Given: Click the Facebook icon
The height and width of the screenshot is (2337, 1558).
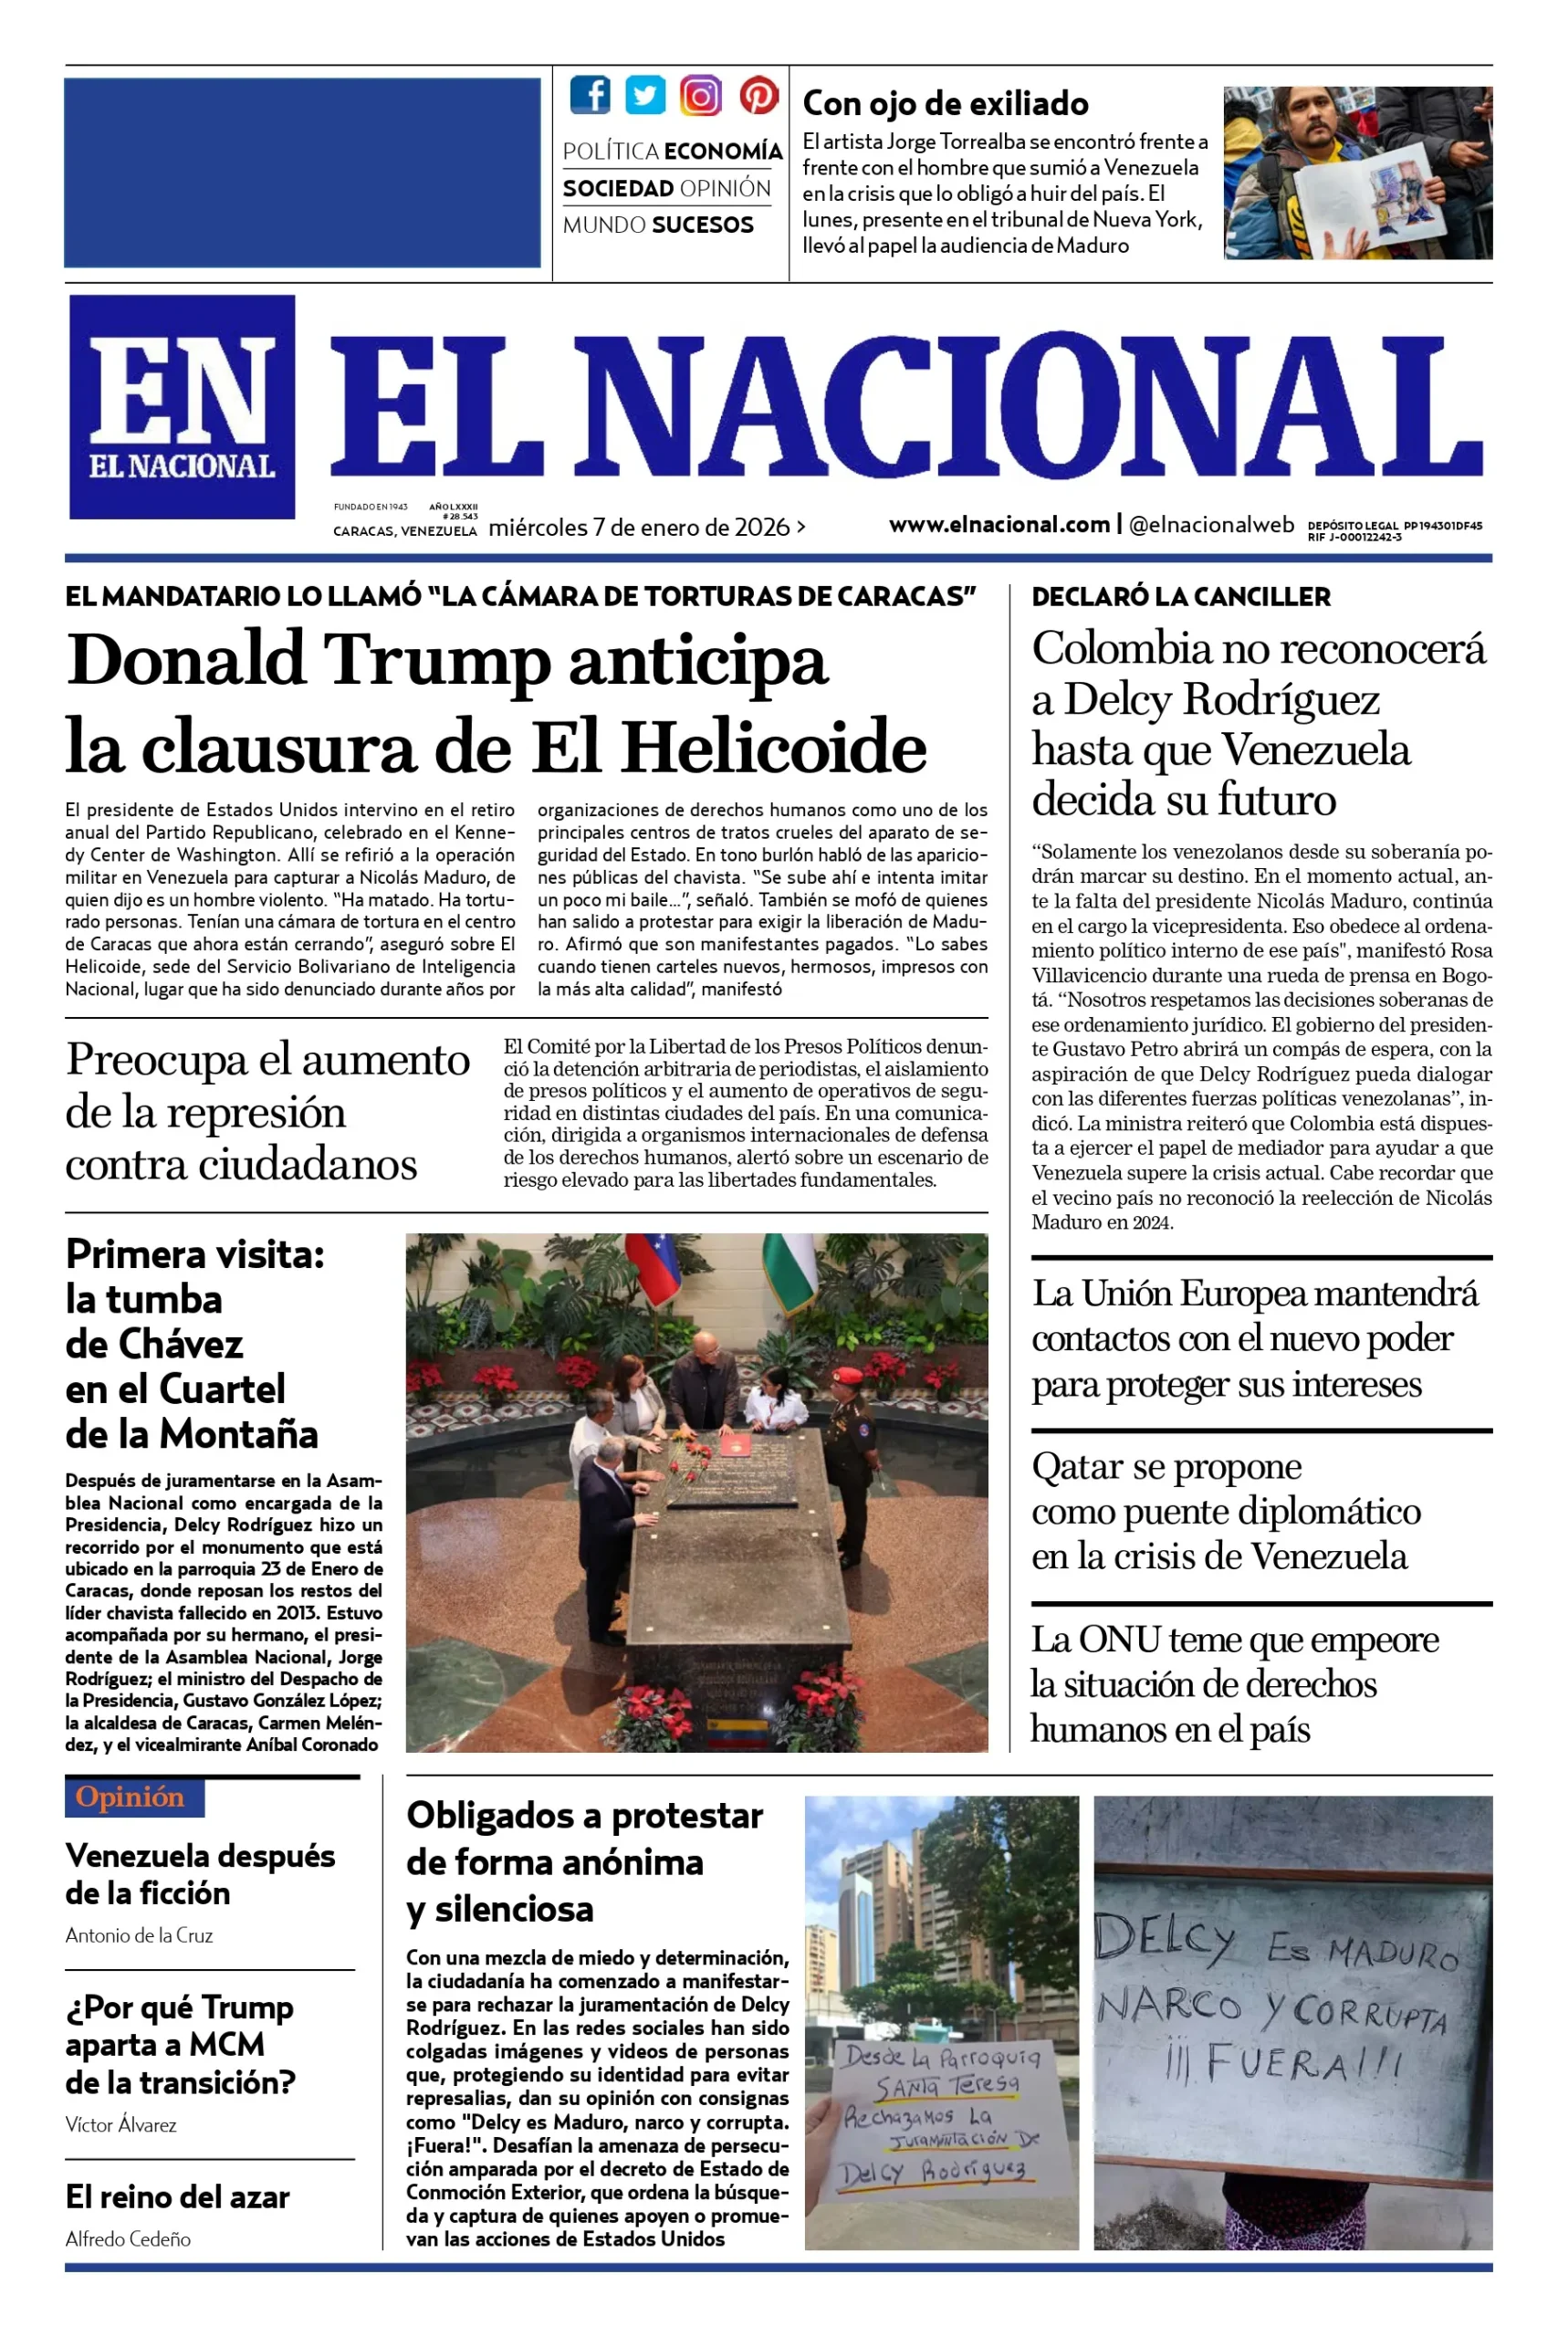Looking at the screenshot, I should [591, 95].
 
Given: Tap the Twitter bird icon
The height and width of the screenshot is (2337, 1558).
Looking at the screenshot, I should [645, 95].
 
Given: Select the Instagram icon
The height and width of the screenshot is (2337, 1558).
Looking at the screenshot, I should [700, 95].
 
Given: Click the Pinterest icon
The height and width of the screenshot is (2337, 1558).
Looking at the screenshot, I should [758, 95].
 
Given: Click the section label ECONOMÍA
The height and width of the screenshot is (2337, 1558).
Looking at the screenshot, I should [722, 151].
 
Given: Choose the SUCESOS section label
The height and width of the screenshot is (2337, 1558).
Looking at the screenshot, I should [703, 225].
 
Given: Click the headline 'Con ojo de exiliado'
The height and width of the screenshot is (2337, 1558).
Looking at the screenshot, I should [945, 103].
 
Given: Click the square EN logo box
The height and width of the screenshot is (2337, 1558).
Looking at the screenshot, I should [182, 406].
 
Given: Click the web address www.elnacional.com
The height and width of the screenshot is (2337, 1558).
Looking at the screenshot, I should [999, 525].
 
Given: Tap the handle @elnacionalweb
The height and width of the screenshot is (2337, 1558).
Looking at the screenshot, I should [1211, 525].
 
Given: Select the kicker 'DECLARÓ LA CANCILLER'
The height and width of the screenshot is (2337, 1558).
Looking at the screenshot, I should [1180, 597].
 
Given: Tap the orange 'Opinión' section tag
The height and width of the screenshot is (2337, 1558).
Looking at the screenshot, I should [131, 1797].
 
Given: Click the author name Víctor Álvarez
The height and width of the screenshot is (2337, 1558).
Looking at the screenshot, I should [121, 2124].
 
